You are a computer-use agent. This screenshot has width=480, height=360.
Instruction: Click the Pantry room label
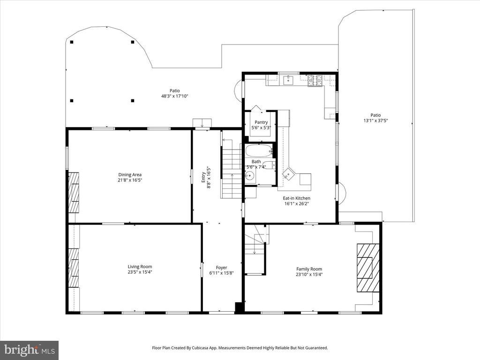click(x=261, y=122)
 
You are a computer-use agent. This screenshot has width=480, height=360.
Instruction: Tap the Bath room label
click(x=256, y=162)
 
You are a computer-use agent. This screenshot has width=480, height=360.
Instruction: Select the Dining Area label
click(x=130, y=175)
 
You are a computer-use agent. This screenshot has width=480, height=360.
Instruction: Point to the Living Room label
click(x=140, y=267)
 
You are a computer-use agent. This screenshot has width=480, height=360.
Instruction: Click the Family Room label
click(x=309, y=269)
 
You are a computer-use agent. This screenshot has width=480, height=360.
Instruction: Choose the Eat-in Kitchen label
click(x=296, y=198)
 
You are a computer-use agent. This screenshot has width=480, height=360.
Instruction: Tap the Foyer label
click(x=222, y=268)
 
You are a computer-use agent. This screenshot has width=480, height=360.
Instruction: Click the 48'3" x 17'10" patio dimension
click(x=175, y=96)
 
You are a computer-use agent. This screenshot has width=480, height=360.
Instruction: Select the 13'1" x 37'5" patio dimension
click(x=376, y=120)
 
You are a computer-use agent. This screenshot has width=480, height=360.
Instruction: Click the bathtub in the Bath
click(x=259, y=151)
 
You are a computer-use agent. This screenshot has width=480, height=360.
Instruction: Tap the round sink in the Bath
click(x=250, y=176)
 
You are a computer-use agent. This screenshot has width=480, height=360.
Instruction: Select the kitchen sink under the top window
click(x=288, y=80)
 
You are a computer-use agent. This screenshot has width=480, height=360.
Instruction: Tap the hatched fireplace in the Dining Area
click(x=74, y=192)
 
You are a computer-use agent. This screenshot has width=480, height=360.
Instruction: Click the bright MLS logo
click(x=30, y=350)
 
